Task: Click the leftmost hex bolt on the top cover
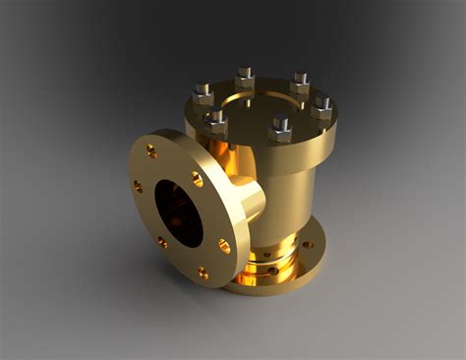pyautogui.click(x=204, y=94)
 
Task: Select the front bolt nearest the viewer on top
pyautogui.click(x=281, y=129)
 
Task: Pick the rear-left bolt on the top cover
pyautogui.click(x=245, y=77)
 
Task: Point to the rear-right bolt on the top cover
pyautogui.click(x=300, y=83)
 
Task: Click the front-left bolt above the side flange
pyautogui.click(x=215, y=122)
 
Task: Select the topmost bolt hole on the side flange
pyautogui.click(x=151, y=150)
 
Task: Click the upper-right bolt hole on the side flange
pyautogui.click(x=197, y=179)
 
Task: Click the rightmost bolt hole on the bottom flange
pyautogui.click(x=308, y=244)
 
